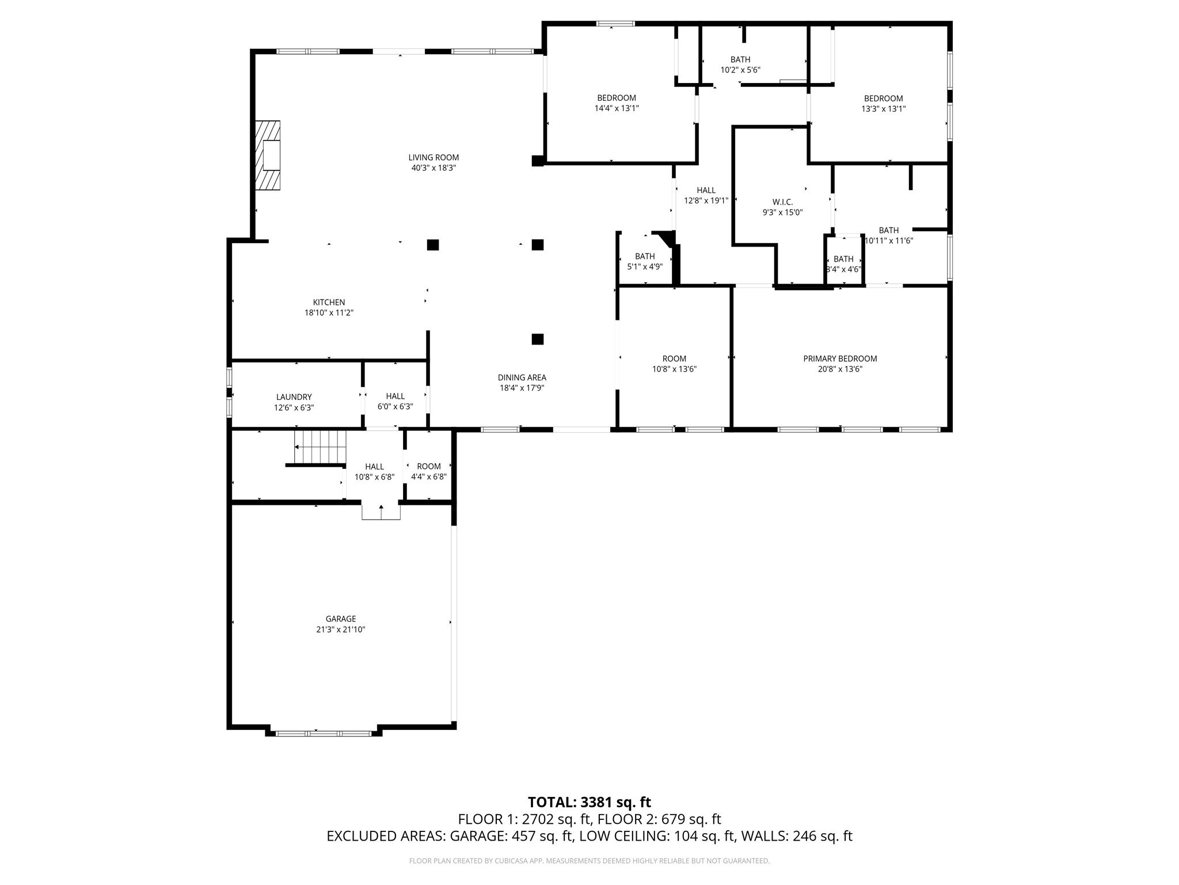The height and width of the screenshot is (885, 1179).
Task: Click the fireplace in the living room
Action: pos(268,155)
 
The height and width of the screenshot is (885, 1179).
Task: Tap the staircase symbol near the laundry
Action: pos(320,447)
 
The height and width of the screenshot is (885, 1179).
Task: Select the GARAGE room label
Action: pos(340,619)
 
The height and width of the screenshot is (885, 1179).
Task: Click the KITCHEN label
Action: pos(329,302)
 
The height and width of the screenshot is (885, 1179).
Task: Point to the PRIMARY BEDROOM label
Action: pos(840,358)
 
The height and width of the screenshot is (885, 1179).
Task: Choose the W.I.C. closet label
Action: pos(782,202)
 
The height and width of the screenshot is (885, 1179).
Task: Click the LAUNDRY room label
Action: pos(294,397)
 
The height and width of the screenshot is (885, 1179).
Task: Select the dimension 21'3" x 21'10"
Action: pos(340,630)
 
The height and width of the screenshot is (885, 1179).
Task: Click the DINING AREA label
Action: pos(522,377)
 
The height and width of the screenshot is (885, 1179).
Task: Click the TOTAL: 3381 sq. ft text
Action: pos(589,802)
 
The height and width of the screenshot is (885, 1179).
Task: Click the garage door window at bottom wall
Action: pos(324,733)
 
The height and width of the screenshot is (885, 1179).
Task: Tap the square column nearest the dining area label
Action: pos(537,339)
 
